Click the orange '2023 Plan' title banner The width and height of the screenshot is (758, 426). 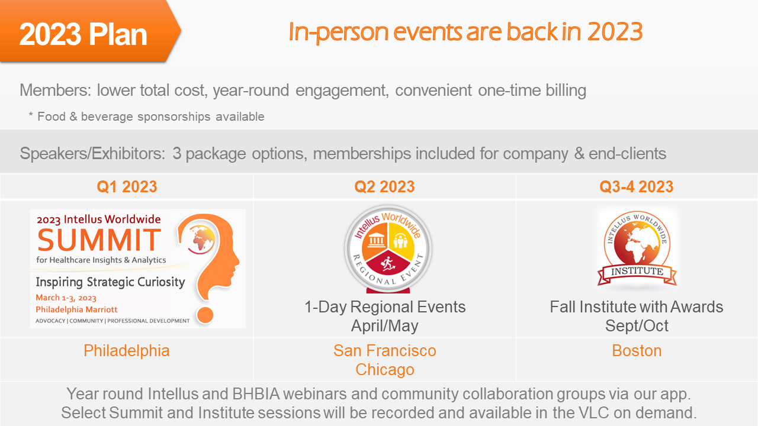point(83,34)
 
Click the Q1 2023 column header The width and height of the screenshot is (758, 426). point(127,187)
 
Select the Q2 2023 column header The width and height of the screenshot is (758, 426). point(384,187)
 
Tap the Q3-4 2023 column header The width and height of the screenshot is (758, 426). point(637,187)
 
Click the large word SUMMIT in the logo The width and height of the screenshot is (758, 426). point(99,240)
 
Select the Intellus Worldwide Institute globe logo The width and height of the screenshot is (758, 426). point(637,247)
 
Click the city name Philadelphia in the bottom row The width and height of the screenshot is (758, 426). point(127,351)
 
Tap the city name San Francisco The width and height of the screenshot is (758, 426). point(384,351)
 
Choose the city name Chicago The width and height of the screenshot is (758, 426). point(384,370)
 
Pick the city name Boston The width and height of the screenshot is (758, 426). point(637,351)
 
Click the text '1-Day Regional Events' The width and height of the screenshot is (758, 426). point(385,307)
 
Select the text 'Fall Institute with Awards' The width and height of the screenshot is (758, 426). point(637,307)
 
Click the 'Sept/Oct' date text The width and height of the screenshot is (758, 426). point(637,325)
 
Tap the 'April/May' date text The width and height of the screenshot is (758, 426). point(384,325)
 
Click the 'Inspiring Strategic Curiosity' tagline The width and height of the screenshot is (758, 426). point(110,282)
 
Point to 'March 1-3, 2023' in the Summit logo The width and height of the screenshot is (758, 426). point(66,298)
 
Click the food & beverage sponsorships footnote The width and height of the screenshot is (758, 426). point(146,117)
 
